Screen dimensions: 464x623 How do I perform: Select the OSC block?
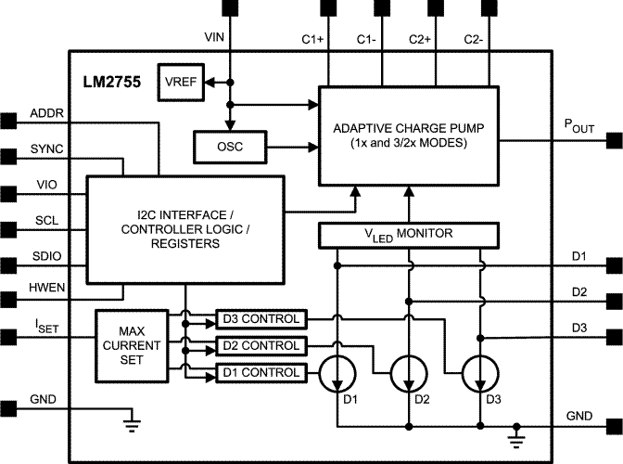(229, 146)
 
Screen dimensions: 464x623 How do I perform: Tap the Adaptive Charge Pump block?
(407, 135)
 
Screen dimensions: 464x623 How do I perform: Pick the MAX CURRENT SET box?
(132, 346)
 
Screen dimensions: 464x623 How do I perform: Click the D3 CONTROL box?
(260, 320)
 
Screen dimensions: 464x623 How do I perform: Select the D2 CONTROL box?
(260, 346)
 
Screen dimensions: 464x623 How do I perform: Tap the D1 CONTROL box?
(260, 372)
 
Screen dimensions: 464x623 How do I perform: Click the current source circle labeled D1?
(337, 375)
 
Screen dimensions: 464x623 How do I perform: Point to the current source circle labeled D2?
(408, 375)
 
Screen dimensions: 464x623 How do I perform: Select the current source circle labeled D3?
(480, 375)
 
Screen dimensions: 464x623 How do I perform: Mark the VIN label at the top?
(214, 37)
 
